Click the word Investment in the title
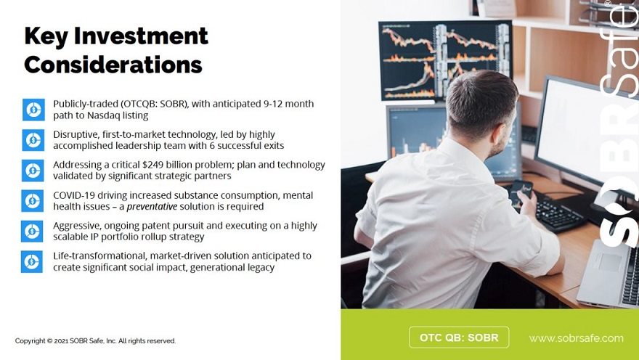click(141, 36)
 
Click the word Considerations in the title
click(113, 65)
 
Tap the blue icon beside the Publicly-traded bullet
click(33, 110)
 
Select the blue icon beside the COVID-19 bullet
click(32, 200)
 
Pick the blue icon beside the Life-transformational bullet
click(32, 261)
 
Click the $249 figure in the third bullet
click(152, 165)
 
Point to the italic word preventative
click(152, 206)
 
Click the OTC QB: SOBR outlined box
click(459, 337)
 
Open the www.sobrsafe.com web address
click(577, 338)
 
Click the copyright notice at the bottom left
click(95, 341)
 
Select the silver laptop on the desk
click(608, 273)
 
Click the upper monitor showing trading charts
click(445, 61)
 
